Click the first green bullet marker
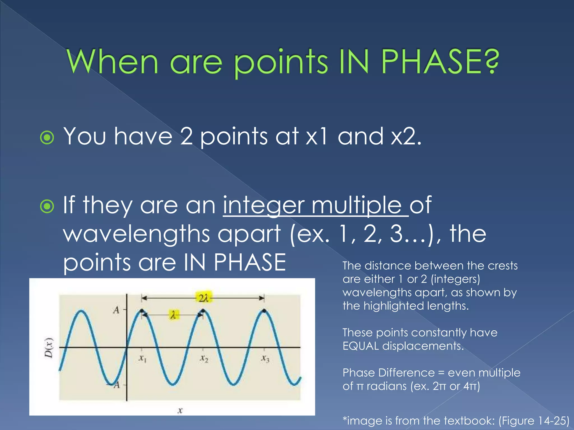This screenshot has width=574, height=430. click(x=47, y=137)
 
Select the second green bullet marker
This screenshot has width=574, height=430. click(x=47, y=206)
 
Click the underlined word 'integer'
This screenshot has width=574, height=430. click(x=263, y=206)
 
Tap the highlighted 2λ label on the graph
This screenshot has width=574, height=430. click(x=204, y=298)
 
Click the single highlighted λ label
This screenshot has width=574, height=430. click(x=173, y=316)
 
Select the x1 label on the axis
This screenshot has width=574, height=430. click(x=143, y=358)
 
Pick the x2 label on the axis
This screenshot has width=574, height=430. click(x=204, y=358)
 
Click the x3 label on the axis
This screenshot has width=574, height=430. click(x=265, y=358)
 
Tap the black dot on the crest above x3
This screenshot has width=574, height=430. click(x=264, y=310)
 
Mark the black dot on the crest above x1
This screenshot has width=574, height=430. click(x=142, y=310)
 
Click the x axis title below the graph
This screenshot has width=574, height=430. click(x=180, y=410)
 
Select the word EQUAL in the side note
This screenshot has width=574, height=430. click(x=361, y=346)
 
